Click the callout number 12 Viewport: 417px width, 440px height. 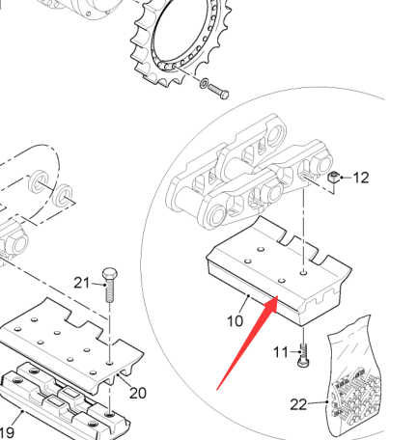361,178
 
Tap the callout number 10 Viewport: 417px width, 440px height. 236,321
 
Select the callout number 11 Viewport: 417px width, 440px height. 281,352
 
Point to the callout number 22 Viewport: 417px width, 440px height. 298,404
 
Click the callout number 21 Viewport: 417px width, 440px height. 82,283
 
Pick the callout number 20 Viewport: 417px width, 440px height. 138,393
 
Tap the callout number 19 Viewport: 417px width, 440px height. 7,433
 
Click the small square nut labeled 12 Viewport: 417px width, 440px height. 334,177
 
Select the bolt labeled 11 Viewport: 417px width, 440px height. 303,355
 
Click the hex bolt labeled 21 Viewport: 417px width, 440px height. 110,285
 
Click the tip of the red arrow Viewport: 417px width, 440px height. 277,296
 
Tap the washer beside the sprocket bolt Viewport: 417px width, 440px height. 204,83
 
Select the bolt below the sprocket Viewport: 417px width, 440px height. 218,91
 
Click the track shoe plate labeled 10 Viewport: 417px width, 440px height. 279,270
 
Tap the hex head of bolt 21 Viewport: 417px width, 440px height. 110,274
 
